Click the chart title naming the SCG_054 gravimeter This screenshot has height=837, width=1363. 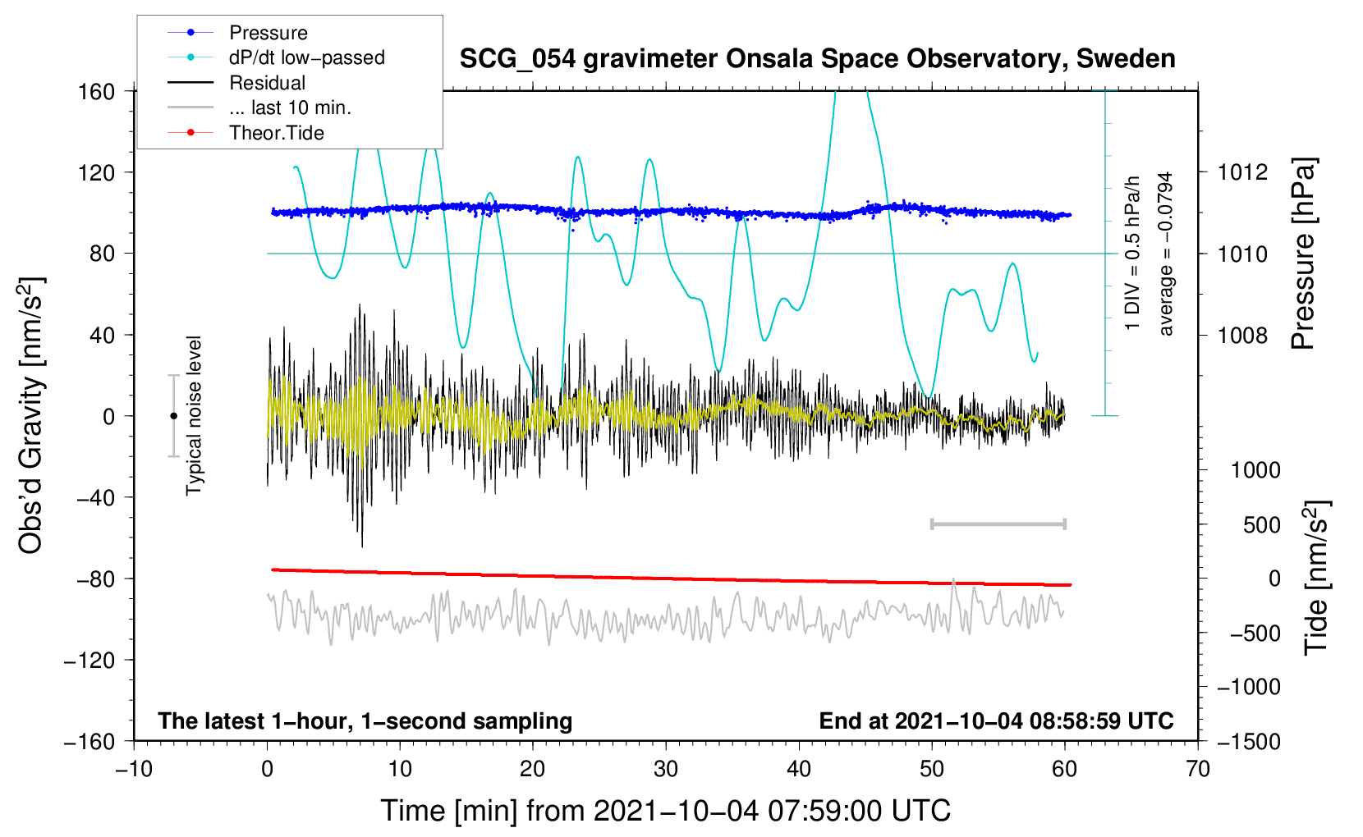817,59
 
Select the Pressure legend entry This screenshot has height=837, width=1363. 268,33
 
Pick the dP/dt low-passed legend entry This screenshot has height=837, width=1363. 306,57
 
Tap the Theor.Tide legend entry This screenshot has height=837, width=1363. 276,133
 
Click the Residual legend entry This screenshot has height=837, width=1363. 267,83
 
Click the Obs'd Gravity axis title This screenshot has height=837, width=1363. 31,415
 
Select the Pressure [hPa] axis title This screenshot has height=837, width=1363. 1303,254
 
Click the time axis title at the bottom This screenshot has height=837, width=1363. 665,811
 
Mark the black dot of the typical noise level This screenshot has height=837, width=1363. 173,416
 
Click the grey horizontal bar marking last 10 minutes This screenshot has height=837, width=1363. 998,524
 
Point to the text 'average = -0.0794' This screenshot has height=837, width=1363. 1166,254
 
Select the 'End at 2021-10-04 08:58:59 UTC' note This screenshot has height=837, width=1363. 996,721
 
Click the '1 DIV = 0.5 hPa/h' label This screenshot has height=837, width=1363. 1133,254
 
